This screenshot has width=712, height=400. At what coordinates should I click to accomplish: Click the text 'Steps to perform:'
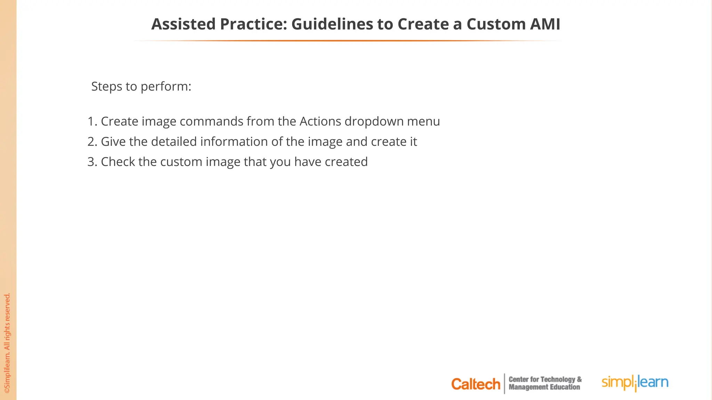click(141, 86)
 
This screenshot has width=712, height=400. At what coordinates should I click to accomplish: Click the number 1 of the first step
click(91, 122)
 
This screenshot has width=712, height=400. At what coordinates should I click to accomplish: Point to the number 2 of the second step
click(91, 142)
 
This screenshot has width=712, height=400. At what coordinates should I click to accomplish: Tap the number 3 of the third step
click(91, 162)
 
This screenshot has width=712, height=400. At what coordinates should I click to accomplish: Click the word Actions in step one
click(320, 122)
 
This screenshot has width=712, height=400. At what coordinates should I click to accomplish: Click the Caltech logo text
click(475, 384)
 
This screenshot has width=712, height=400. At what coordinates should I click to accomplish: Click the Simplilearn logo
click(635, 383)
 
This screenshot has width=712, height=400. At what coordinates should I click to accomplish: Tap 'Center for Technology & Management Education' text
click(545, 383)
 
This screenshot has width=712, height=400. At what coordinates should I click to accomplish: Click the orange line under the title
click(348, 41)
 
